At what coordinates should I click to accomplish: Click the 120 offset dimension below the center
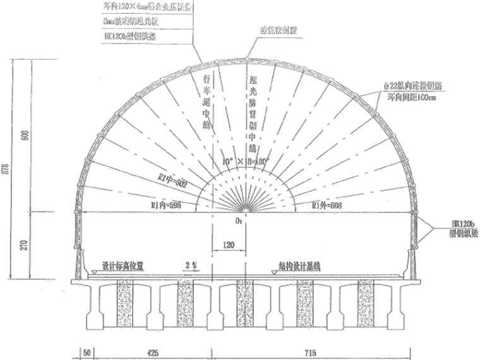coord(229,242)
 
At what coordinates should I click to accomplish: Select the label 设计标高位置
coord(123,267)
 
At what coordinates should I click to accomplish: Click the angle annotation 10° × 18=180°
coord(243,162)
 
